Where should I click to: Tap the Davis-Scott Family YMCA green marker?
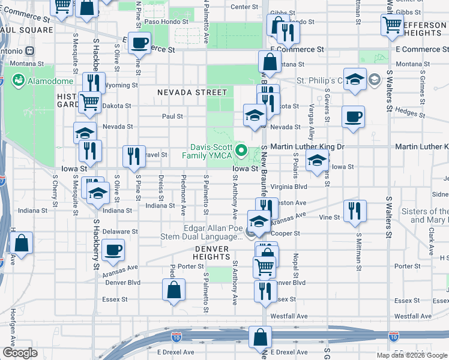coord(242,150)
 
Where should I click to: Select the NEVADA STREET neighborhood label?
coord(193,92)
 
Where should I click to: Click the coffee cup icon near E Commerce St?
coord(140,43)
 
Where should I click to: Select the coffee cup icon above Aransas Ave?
coord(112,250)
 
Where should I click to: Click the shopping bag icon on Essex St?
coord(173,290)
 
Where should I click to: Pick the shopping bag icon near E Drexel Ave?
coord(260,337)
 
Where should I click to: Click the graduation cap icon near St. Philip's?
coord(355,79)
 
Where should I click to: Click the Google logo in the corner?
coord(20,353)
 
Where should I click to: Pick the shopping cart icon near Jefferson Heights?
coord(392,25)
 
